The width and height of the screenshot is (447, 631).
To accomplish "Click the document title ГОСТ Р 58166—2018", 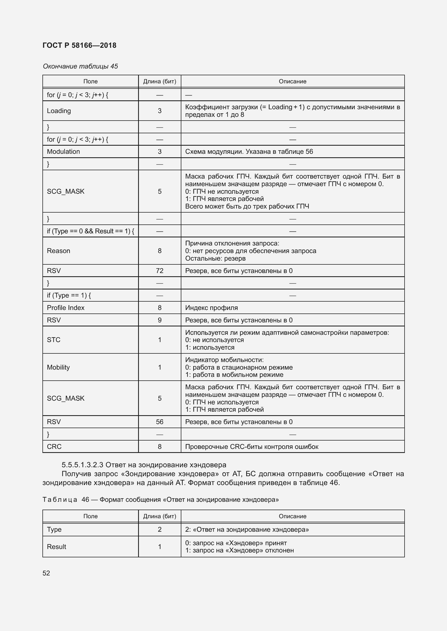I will pos(79,45).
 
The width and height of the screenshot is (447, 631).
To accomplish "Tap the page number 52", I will pos(46,573).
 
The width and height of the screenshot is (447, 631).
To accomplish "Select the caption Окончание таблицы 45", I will pos(80,66).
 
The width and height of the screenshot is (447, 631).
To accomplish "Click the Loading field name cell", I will pos(59,111).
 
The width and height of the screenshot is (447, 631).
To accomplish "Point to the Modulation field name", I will pos(63,151).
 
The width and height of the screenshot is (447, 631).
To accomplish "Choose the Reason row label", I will pos(58,251).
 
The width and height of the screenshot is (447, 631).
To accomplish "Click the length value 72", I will pos(160,271).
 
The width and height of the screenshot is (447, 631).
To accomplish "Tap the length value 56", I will pos(160,422).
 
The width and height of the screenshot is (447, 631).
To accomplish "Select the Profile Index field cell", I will pos(65,308).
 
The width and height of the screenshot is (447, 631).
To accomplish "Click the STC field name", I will pos(54,340).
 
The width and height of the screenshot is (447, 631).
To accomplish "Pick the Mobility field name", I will pos(58,367).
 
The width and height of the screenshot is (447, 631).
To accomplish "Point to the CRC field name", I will pos(54,446).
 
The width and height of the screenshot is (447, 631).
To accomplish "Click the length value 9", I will pos(160,320).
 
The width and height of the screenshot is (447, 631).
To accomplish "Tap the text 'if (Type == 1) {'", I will pos(69,295).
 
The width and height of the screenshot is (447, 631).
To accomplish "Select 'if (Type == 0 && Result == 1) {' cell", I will pos(90,231).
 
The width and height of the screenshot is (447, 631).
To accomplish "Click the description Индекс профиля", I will pos(211,308).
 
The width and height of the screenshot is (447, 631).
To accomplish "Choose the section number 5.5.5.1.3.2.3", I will pos(82,465).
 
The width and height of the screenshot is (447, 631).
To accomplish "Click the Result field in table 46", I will pos(56,547).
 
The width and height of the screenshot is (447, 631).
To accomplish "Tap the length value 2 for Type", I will pos(160,530).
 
